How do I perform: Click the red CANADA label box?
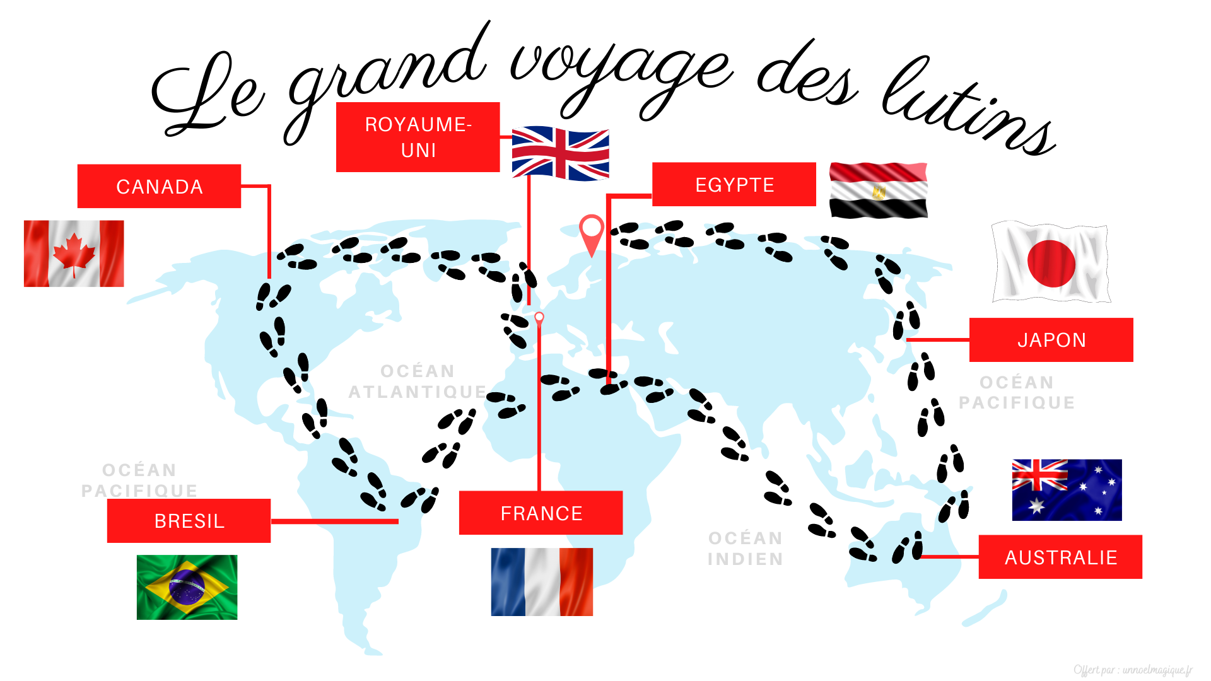pyautogui.click(x=159, y=187)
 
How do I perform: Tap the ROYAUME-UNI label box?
pyautogui.click(x=418, y=137)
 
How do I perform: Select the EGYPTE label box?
pyautogui.click(x=734, y=185)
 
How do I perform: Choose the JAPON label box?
pyautogui.click(x=1051, y=340)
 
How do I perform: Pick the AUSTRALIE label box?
pyautogui.click(x=1060, y=557)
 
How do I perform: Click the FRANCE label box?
pyautogui.click(x=541, y=513)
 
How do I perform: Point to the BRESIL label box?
pyautogui.click(x=189, y=521)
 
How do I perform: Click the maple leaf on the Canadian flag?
pyautogui.click(x=74, y=253)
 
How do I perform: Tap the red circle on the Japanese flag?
pyautogui.click(x=1051, y=264)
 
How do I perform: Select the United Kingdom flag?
pyautogui.click(x=560, y=153)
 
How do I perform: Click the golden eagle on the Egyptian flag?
pyautogui.click(x=879, y=192)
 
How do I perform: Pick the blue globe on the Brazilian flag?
pyautogui.click(x=187, y=587)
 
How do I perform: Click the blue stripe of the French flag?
pyautogui.click(x=508, y=581)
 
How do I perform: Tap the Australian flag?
pyautogui.click(x=1067, y=490)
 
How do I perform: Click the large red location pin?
pyautogui.click(x=592, y=230)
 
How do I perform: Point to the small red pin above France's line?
pyautogui.click(x=539, y=318)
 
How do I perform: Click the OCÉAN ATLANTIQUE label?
pyautogui.click(x=418, y=381)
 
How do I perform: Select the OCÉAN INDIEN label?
pyautogui.click(x=746, y=549)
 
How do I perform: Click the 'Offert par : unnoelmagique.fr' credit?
pyautogui.click(x=1132, y=670)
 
